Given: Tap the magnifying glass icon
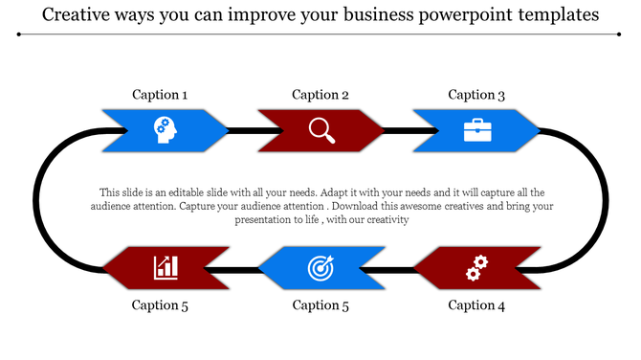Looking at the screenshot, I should (x=321, y=129).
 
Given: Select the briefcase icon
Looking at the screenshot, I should (x=476, y=129).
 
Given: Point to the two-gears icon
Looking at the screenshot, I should (x=475, y=268).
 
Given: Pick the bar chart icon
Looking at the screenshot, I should (x=166, y=267).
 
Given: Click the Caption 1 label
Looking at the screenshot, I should (x=160, y=95).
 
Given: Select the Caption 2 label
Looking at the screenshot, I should (x=320, y=95).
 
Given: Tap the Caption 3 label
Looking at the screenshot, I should (x=476, y=95).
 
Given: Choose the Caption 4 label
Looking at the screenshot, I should (x=476, y=305).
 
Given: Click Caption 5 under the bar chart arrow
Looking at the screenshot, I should (x=160, y=305).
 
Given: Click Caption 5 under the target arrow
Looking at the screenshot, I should (x=320, y=305).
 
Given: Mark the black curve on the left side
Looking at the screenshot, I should (x=36, y=199).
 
